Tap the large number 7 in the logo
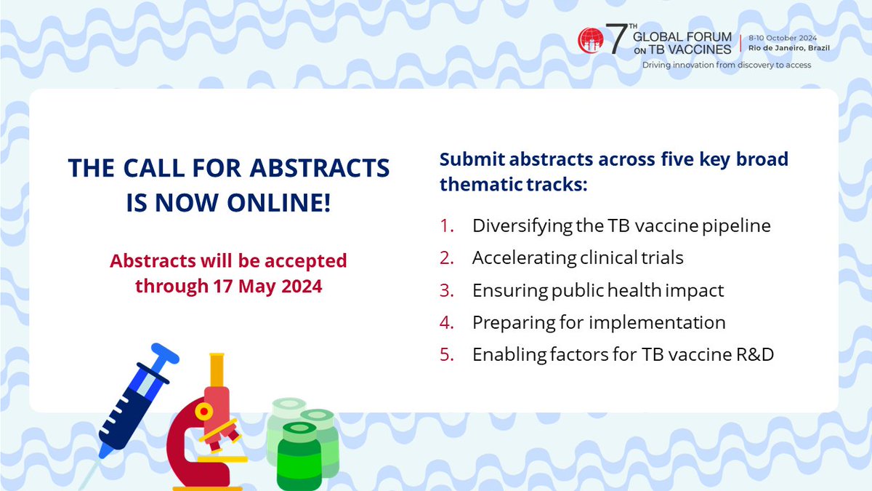(x=615, y=41)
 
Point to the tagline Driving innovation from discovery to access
(x=726, y=65)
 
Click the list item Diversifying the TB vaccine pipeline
(x=621, y=225)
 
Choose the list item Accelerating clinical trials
(x=578, y=258)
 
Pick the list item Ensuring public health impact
(x=598, y=290)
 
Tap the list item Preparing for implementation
(x=599, y=322)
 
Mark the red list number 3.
(x=446, y=290)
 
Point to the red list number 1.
(x=446, y=225)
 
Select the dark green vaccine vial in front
(x=299, y=455)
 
